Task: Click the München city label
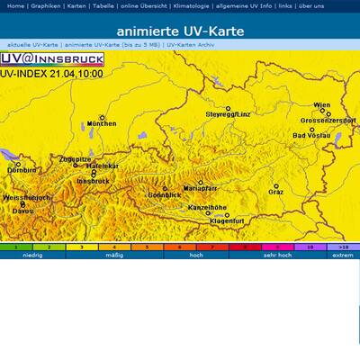pos(102,124)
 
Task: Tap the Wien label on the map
pos(321,105)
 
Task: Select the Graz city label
pos(275,192)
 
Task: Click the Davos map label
pos(22,211)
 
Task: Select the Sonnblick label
pos(165,195)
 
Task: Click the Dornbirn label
pos(22,170)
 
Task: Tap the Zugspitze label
pos(75,159)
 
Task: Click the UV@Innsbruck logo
pos(52,59)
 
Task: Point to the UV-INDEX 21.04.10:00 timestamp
pos(51,74)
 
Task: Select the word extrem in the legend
pos(343,255)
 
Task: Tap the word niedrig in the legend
pos(32,255)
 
